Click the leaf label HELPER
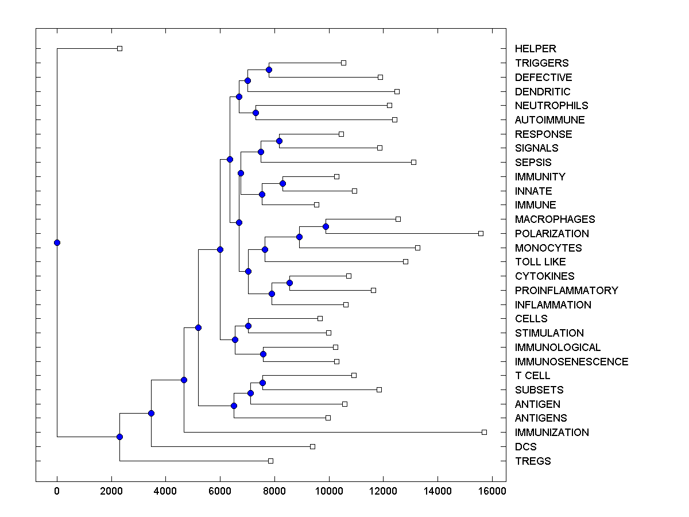[x=535, y=49]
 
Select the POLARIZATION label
[x=552, y=234]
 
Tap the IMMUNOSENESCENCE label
[x=571, y=362]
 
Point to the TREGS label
[x=533, y=461]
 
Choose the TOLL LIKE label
[x=540, y=262]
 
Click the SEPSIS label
[x=533, y=163]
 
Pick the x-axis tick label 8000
[x=274, y=491]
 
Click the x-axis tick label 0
[x=57, y=491]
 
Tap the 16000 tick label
[x=491, y=491]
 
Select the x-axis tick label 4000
[x=165, y=491]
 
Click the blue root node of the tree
[x=57, y=242]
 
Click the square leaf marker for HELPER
[x=119, y=48]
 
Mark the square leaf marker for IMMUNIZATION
[x=484, y=432]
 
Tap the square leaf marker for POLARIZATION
[x=481, y=233]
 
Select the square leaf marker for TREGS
[x=270, y=461]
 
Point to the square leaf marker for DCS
[x=312, y=446]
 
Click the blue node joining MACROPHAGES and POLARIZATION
[x=326, y=226]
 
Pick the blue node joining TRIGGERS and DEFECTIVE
[x=269, y=70]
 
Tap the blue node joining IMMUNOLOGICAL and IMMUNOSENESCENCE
[x=263, y=354]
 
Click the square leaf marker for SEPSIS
[x=413, y=162]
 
